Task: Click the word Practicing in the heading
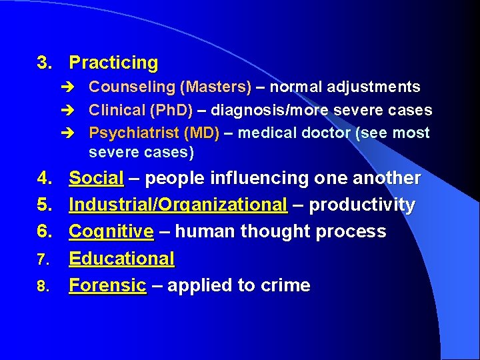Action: pyautogui.click(x=113, y=63)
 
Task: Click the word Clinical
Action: pyautogui.click(x=117, y=110)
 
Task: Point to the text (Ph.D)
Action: pyautogui.click(x=171, y=110)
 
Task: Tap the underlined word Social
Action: pyautogui.click(x=96, y=179)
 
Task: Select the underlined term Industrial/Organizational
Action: pyautogui.click(x=178, y=205)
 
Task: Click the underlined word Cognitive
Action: pyautogui.click(x=111, y=232)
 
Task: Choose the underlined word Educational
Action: pyautogui.click(x=121, y=259)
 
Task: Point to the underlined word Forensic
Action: pyautogui.click(x=107, y=285)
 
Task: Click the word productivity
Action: pyautogui.click(x=362, y=205)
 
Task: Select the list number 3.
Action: pyautogui.click(x=44, y=63)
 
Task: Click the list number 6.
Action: pyautogui.click(x=44, y=232)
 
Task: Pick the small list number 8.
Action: pyautogui.click(x=42, y=287)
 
